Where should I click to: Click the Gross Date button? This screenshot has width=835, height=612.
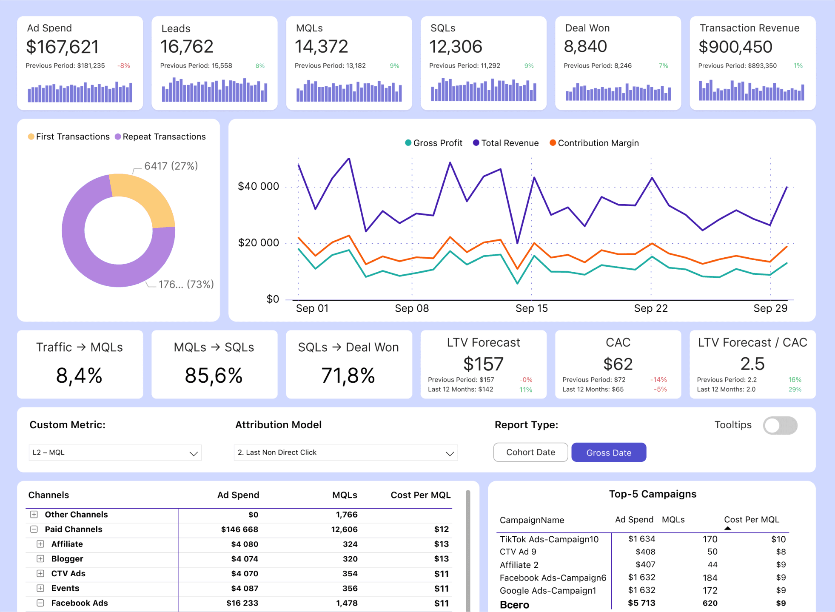[x=609, y=453]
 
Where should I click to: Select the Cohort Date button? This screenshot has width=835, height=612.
[x=530, y=453]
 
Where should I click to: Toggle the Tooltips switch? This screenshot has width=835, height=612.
[x=780, y=425]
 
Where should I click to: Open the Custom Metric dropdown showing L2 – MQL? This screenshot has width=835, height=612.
[x=115, y=453]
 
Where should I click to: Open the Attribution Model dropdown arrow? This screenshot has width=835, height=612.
[x=450, y=453]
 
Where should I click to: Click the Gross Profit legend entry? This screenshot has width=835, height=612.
[x=433, y=143]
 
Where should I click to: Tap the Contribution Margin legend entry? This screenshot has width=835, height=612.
[x=594, y=143]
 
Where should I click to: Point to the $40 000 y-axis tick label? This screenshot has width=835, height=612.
[x=259, y=186]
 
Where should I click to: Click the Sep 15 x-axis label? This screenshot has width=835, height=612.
[x=532, y=308]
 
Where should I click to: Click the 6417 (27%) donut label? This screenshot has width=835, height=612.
[x=171, y=166]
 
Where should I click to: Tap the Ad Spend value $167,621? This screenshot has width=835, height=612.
[x=63, y=47]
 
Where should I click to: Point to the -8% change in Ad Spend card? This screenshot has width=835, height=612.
[x=124, y=65]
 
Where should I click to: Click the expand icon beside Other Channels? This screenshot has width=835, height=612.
[x=34, y=515]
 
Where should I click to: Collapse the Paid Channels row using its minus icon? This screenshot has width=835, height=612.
[x=34, y=529]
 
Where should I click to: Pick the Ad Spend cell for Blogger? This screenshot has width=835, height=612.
[x=245, y=559]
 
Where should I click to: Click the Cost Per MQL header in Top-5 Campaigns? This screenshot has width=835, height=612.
[x=752, y=519]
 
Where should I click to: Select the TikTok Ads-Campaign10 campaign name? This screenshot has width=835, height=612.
[x=549, y=539]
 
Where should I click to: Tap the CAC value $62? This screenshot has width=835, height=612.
[x=618, y=364]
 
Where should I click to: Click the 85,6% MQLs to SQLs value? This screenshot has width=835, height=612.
[x=214, y=376]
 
